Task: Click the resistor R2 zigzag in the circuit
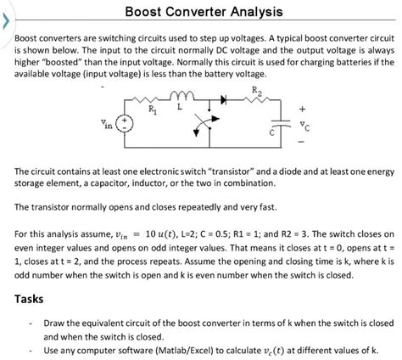pyautogui.click(x=257, y=100)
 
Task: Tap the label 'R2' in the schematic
pyautogui.click(x=257, y=87)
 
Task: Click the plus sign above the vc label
pyautogui.click(x=301, y=107)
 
